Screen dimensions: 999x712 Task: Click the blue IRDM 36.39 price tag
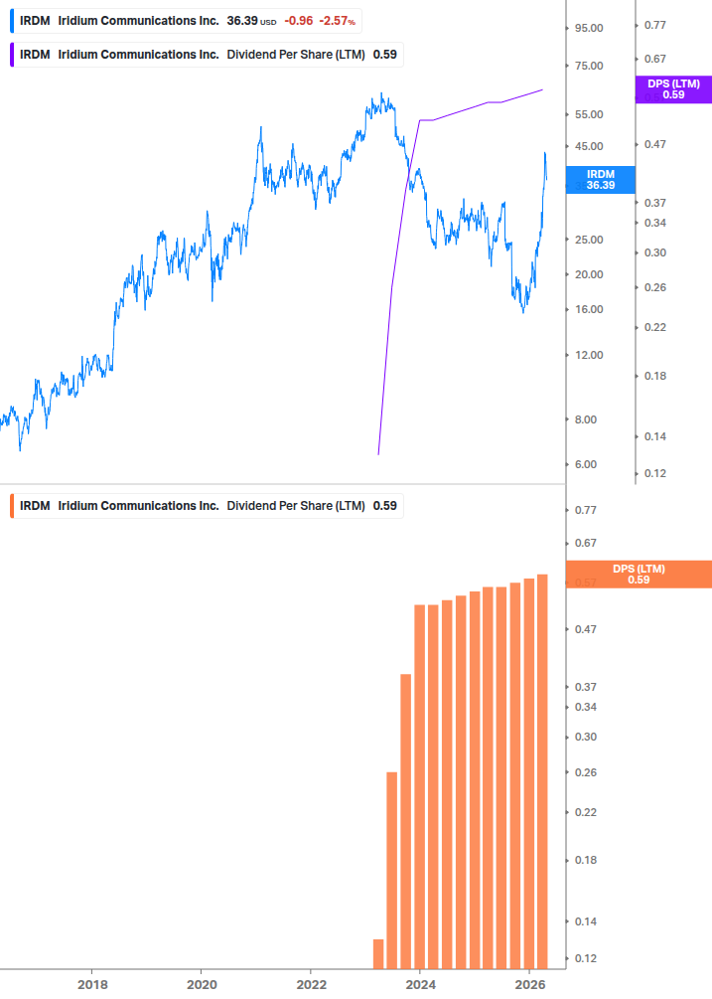(x=600, y=179)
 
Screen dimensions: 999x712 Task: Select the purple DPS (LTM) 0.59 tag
(x=673, y=89)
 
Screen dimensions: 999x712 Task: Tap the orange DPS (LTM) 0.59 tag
(x=639, y=574)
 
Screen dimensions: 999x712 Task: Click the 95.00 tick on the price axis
(x=590, y=28)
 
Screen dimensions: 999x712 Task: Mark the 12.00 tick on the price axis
(x=590, y=355)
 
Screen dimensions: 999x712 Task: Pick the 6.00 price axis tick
(x=587, y=464)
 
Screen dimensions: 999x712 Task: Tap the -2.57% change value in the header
(x=339, y=20)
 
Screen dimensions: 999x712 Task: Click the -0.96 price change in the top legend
(x=298, y=20)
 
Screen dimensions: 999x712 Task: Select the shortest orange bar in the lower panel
(x=377, y=952)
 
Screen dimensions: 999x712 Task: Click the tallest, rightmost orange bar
(x=542, y=770)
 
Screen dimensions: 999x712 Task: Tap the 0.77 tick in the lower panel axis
(x=585, y=510)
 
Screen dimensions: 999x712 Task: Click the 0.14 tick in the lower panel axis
(x=585, y=921)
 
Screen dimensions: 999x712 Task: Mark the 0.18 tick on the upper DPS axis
(x=654, y=376)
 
